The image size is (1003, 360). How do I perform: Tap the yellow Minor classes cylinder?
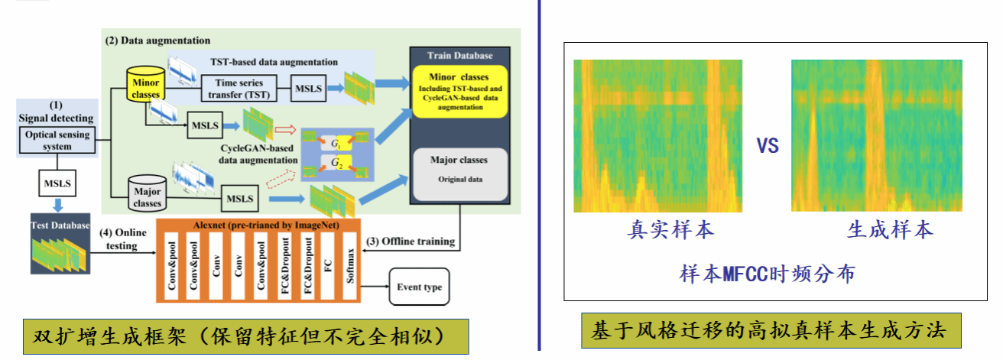pos(145,88)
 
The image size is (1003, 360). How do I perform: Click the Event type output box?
pos(420,287)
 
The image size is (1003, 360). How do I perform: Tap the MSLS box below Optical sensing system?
pos(58,184)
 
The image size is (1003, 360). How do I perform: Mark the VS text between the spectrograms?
pos(767,146)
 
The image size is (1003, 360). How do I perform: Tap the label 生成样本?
pos(890,230)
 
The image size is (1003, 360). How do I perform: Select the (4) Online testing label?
pos(118,239)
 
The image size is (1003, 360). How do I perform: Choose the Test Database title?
pos(60,225)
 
